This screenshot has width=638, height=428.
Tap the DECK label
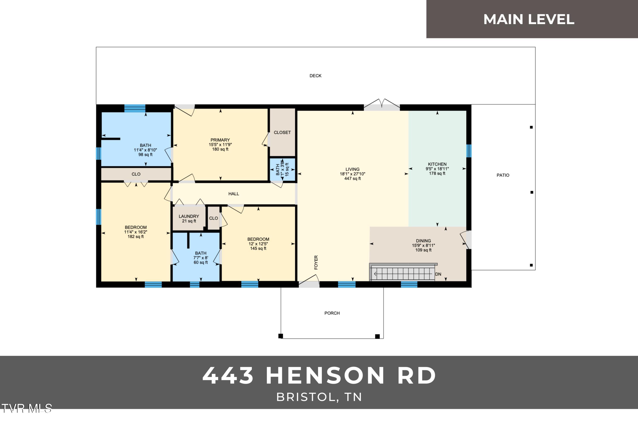click(315, 76)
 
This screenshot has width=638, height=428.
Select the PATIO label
click(503, 175)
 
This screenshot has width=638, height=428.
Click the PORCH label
click(332, 313)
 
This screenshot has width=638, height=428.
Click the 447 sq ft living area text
click(352, 178)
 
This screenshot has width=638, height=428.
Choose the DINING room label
click(423, 241)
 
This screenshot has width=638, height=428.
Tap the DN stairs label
click(438, 274)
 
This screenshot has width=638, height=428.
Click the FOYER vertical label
click(316, 262)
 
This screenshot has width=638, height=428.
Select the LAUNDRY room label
click(189, 216)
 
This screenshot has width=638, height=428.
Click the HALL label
click(234, 194)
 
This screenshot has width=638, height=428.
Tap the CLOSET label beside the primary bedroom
click(282, 132)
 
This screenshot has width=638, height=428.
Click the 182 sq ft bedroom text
click(136, 237)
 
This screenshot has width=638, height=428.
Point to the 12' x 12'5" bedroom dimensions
click(258, 244)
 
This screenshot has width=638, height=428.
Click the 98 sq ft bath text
click(145, 154)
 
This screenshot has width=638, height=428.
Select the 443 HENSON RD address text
click(319, 376)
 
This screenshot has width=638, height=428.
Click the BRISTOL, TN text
click(319, 397)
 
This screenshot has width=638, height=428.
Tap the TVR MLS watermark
click(26, 408)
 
